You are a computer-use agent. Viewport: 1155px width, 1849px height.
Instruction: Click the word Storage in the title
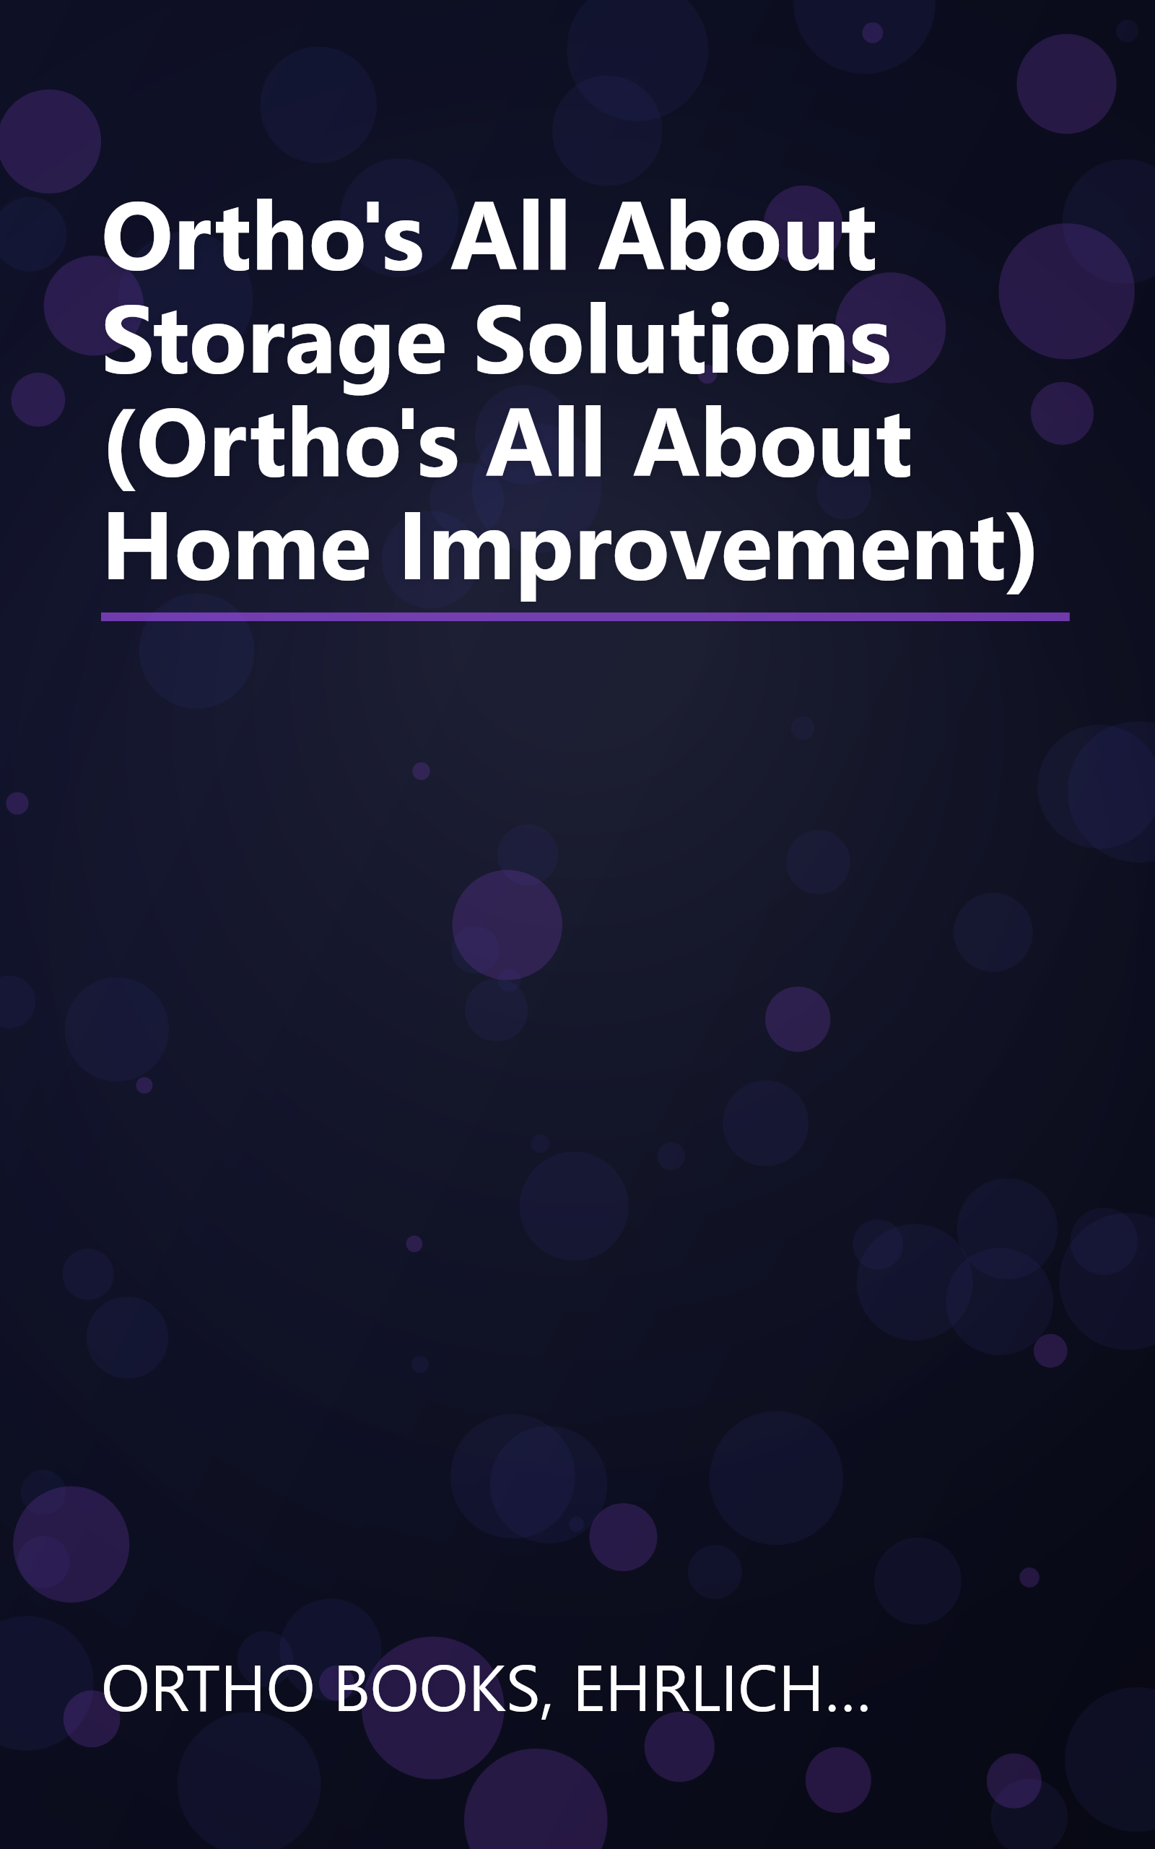pos(274,342)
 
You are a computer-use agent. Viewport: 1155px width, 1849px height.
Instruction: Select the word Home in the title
pos(237,549)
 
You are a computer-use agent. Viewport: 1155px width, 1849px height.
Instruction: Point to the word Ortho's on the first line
pos(262,239)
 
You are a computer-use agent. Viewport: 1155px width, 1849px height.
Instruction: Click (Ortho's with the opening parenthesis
pos(281,446)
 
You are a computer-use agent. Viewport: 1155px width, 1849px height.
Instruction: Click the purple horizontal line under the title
pos(585,617)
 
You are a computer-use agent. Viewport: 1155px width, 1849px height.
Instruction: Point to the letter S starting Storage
pos(126,342)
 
